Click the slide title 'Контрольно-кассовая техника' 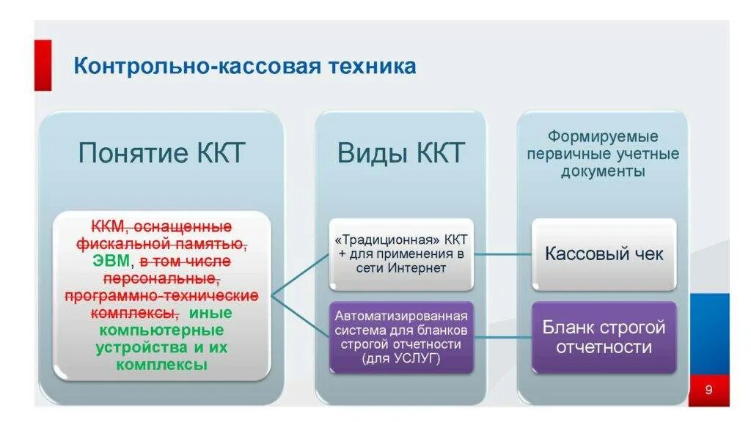[x=244, y=67]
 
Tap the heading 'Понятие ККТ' [x=161, y=154]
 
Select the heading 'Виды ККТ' [x=400, y=154]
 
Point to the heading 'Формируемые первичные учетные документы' [x=603, y=154]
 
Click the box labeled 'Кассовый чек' [x=604, y=254]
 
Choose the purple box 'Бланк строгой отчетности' [x=604, y=336]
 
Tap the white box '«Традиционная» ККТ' [x=400, y=255]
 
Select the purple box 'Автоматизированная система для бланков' [x=400, y=337]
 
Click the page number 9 [x=708, y=390]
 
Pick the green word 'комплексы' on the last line [x=161, y=364]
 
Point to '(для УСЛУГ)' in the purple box [x=400, y=358]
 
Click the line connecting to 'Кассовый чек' [x=502, y=255]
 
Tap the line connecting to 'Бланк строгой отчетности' [x=502, y=337]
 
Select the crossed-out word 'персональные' [x=161, y=278]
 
